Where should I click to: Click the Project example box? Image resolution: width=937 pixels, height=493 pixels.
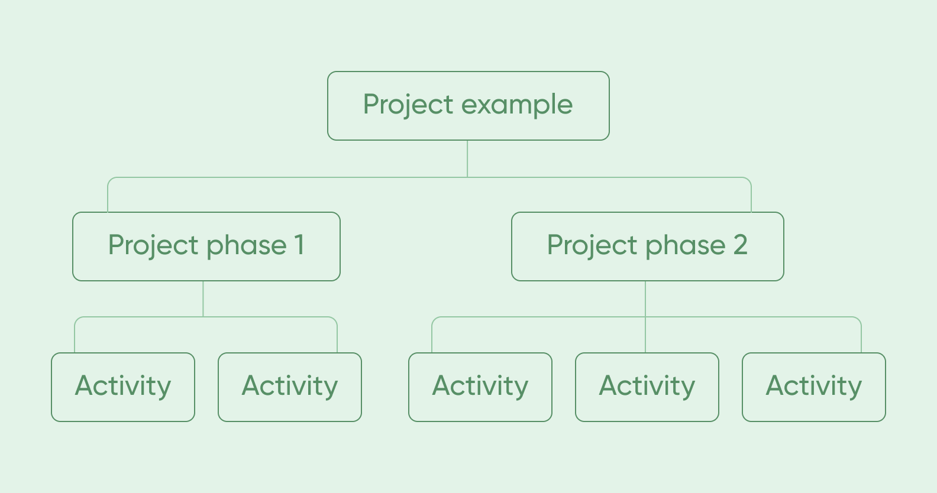468,106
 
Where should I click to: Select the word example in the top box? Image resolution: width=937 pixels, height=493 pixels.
517,105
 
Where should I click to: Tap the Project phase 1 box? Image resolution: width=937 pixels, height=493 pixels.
206,246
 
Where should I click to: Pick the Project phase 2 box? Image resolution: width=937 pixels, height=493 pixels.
647,246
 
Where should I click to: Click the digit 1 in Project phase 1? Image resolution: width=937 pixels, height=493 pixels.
299,245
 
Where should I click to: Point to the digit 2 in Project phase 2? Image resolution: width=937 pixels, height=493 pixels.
740,245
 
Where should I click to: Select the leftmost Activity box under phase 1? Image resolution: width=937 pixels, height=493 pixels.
123,387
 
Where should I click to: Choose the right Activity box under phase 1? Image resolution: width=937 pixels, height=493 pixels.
290,387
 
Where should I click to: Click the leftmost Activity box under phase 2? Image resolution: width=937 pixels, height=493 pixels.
480,387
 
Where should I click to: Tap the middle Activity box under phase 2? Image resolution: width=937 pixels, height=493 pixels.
647,387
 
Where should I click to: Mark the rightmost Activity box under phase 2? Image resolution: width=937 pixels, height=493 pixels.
814,387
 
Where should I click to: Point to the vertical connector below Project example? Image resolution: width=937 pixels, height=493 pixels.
467,158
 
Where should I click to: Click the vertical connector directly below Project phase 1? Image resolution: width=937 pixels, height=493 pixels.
203,299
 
